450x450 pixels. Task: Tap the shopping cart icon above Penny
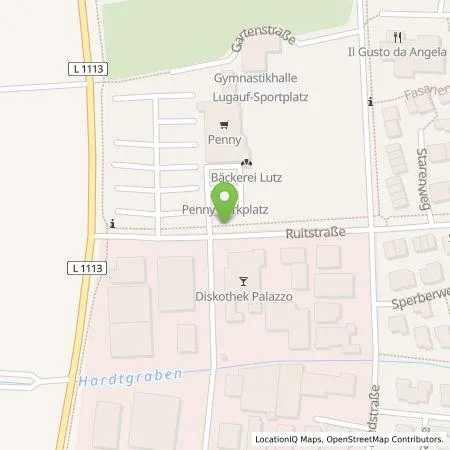[226, 126]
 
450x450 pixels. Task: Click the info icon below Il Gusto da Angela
[370, 101]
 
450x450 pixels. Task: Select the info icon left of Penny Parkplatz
[114, 223]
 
